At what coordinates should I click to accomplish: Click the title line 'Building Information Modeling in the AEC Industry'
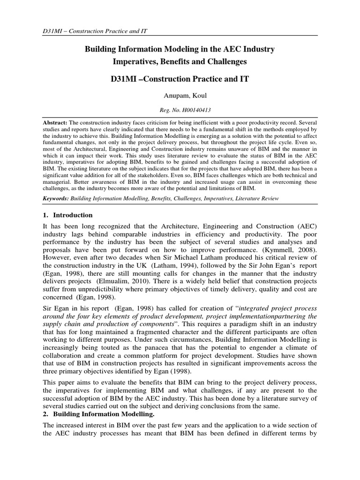pos(180,49)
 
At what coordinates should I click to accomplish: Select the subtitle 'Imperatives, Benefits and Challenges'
pos(180,61)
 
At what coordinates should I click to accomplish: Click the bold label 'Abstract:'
pos(49,120)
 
